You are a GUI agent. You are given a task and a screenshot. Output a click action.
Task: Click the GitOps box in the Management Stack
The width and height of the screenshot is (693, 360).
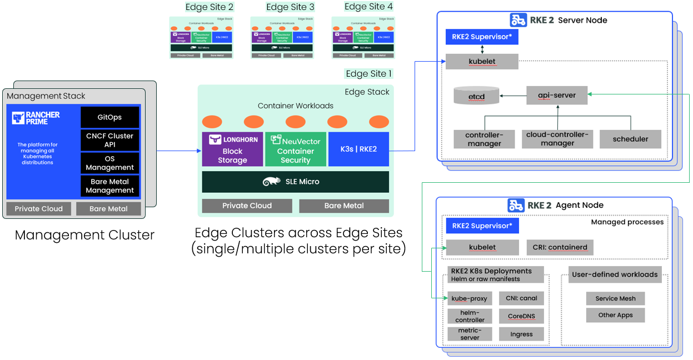[109, 117]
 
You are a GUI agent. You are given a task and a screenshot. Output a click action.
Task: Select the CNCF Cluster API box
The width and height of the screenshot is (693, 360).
[109, 140]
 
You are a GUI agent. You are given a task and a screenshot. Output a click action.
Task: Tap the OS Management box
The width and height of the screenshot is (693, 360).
[109, 163]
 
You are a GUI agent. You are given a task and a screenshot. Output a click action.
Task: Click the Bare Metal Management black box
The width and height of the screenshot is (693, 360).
[109, 186]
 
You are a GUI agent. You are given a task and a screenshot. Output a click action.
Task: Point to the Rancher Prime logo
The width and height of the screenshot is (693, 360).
[36, 118]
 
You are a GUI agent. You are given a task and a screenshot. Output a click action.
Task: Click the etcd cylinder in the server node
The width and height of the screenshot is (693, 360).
[476, 96]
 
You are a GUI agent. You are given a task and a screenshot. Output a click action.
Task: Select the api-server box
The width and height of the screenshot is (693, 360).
[556, 96]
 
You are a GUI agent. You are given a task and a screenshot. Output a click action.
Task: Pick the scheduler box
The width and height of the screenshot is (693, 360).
[630, 139]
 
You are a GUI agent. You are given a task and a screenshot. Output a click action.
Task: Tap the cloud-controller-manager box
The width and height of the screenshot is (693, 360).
[557, 139]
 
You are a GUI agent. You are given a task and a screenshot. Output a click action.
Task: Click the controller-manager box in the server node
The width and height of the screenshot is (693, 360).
[483, 139]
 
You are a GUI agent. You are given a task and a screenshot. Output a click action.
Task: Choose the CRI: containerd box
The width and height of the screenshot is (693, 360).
[560, 247]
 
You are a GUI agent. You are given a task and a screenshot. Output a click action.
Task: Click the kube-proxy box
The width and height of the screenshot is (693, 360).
[469, 298]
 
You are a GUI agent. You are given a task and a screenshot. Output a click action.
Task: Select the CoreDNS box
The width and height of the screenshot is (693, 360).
[521, 316]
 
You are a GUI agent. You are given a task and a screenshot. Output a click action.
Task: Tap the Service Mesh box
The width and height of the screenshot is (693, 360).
[615, 298]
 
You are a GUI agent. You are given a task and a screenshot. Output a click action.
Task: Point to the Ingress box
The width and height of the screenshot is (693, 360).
[521, 334]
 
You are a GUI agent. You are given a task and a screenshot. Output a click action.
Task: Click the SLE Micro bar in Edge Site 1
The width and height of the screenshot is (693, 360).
[295, 182]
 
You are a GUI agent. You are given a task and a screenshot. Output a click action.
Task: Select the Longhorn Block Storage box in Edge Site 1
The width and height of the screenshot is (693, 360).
[232, 149]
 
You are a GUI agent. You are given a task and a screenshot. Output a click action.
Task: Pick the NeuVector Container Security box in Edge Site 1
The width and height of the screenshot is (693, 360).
[295, 149]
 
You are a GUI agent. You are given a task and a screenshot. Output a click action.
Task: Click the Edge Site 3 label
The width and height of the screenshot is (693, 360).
[290, 7]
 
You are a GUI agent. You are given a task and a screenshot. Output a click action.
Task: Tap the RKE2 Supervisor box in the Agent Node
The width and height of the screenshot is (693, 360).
[482, 226]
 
